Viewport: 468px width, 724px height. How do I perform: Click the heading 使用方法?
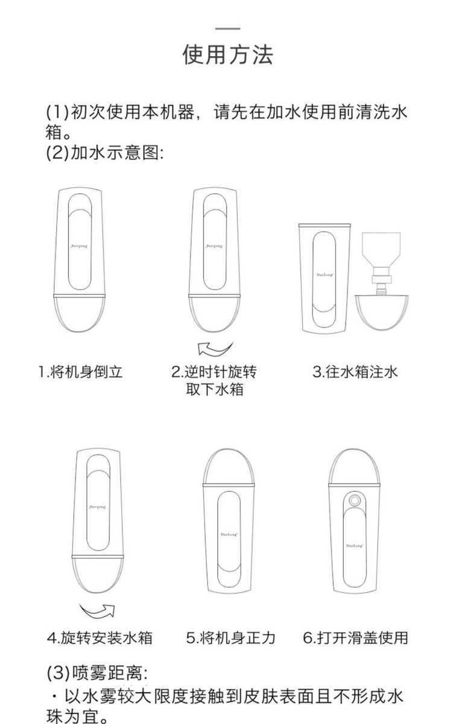[227, 55]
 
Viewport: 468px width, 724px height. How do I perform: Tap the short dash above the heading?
[227, 28]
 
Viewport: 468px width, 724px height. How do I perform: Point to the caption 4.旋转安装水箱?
[100, 637]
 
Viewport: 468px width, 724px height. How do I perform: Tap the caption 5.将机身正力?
[230, 637]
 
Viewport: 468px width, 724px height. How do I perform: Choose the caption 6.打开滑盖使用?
[356, 637]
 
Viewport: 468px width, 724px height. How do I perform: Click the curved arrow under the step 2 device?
[215, 349]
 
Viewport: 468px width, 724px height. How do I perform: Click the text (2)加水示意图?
[106, 153]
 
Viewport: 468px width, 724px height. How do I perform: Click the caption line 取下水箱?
[215, 389]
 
